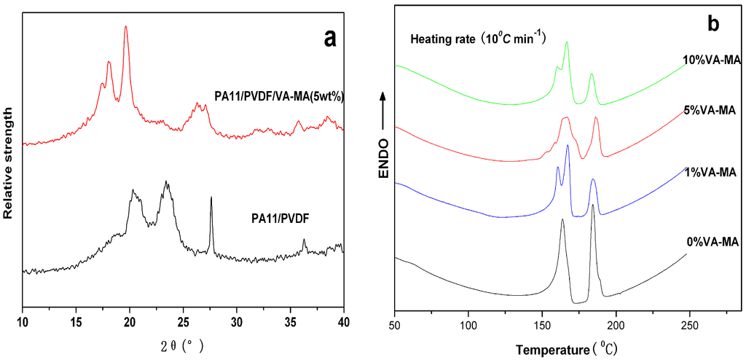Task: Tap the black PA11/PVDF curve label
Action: [x=280, y=217]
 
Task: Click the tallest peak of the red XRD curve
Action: [x=125, y=28]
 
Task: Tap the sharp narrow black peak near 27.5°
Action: [x=211, y=198]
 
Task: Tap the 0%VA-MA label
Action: [x=712, y=242]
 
